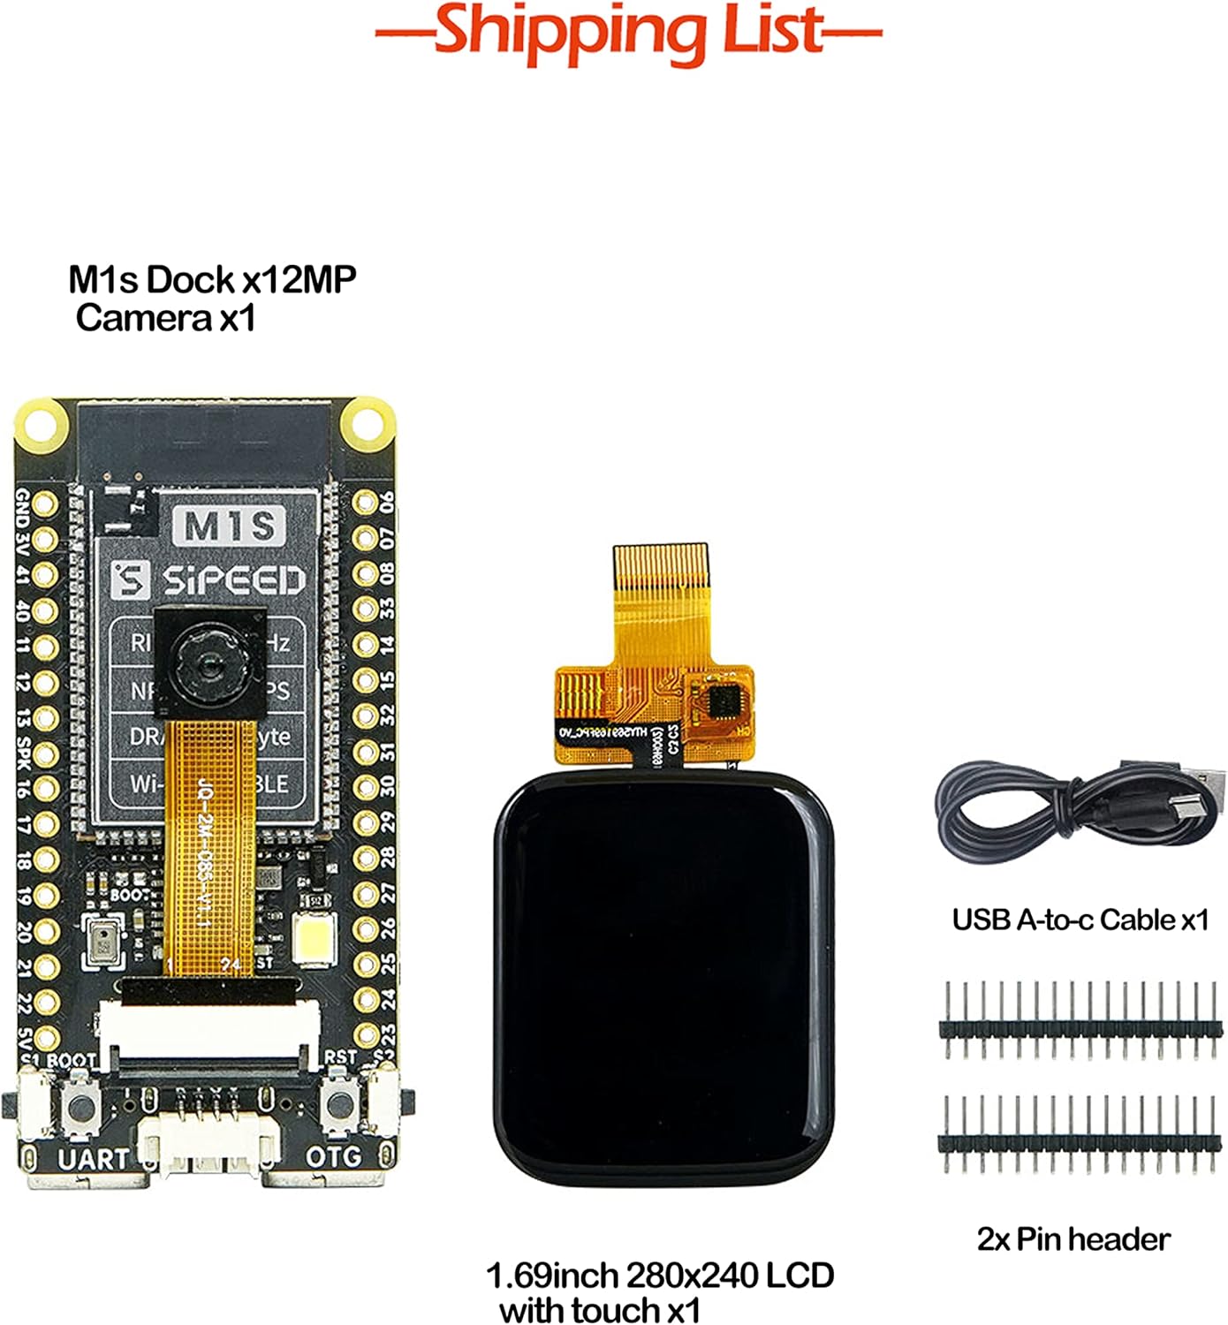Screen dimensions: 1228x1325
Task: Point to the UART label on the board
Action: pos(93,1159)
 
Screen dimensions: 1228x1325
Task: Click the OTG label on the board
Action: pos(333,1157)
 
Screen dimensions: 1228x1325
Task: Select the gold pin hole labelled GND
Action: pos(45,504)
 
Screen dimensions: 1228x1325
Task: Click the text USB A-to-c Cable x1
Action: pos(1080,920)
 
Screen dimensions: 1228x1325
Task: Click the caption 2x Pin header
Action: pos(1073,1239)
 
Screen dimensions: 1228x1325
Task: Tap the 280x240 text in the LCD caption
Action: pos(689,1276)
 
